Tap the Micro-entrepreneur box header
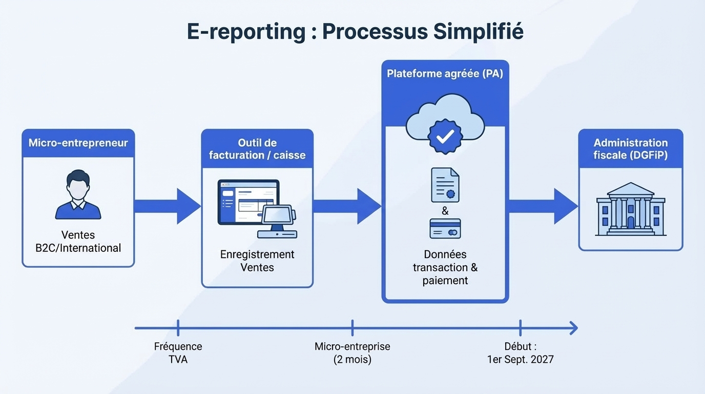[78, 143]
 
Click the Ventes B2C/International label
[78, 242]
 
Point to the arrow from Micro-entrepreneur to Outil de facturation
[167, 206]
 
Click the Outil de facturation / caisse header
[257, 149]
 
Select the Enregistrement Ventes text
[257, 261]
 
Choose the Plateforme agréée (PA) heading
[445, 74]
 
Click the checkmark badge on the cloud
[445, 135]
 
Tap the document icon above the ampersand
[445, 185]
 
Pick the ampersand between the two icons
[445, 211]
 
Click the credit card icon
[445, 229]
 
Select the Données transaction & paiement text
[445, 267]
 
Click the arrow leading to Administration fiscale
[543, 206]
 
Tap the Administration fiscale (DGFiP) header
[631, 149]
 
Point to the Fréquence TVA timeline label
[178, 353]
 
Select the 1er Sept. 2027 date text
[520, 359]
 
